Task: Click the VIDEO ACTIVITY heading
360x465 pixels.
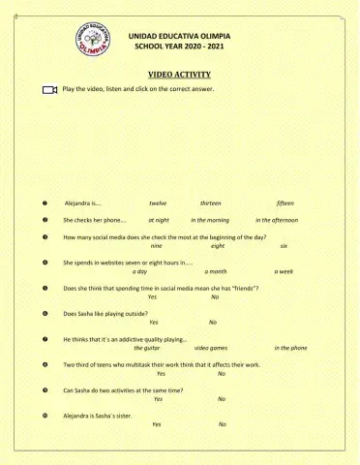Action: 179,74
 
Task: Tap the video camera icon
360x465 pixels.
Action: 50,89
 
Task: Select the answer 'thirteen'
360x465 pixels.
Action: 211,203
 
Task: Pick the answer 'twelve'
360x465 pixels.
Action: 158,203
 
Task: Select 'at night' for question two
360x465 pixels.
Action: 159,220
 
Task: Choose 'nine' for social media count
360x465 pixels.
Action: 156,246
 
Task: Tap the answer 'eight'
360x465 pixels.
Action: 217,246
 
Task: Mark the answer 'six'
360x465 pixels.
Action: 284,246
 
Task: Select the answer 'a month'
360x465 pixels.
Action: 216,271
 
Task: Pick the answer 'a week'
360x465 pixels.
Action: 284,271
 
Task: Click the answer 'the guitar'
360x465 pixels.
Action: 147,347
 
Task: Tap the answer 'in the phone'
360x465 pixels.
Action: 290,347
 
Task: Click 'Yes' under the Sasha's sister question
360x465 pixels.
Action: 157,424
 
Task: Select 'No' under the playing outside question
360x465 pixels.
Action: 213,322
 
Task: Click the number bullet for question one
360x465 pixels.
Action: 45,203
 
